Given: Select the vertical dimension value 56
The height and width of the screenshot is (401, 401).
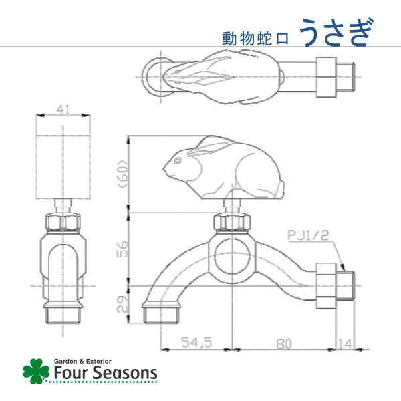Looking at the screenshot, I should coord(120,249).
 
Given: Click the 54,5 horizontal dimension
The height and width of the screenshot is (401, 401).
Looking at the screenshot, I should coord(196,342).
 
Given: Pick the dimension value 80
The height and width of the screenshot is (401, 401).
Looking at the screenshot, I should coord(284,342).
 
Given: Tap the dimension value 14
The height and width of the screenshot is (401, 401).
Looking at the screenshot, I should coord(344,342).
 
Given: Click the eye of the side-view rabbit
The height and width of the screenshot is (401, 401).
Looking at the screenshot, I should coord(177,161).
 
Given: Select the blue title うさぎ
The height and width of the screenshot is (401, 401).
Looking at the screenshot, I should coord(335,32).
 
